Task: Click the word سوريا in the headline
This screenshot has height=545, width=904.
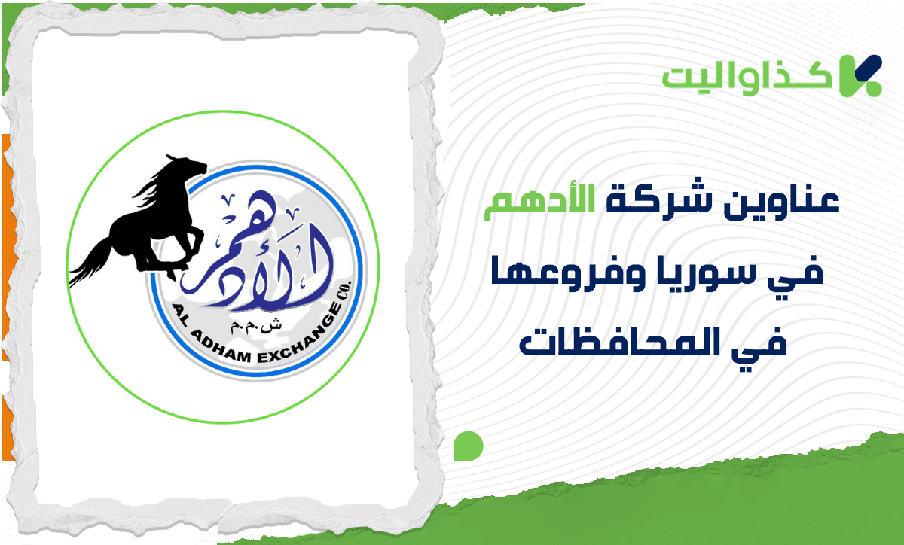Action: pos(670,275)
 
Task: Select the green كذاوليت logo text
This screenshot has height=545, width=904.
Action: pos(748,77)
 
